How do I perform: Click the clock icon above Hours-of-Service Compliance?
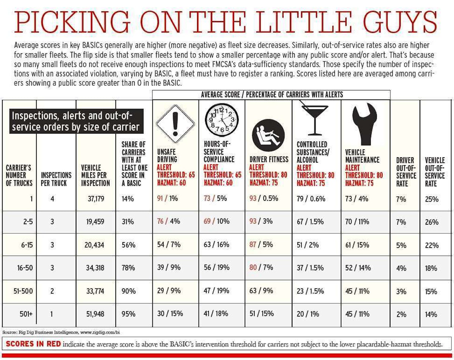222,118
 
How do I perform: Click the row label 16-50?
25,268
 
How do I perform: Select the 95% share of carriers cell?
129,314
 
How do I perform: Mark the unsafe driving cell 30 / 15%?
170,314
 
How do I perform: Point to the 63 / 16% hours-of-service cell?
216,245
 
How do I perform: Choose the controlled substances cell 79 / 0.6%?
311,199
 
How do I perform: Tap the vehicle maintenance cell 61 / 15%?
357,245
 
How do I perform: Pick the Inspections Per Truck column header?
56,179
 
